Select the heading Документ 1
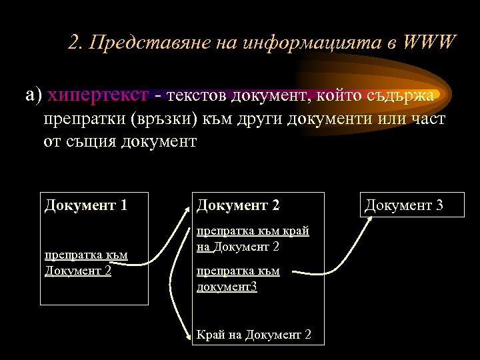click(86, 205)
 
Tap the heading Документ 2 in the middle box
click(238, 205)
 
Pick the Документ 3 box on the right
click(403, 205)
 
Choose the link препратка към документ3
click(238, 278)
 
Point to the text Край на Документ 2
click(254, 334)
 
